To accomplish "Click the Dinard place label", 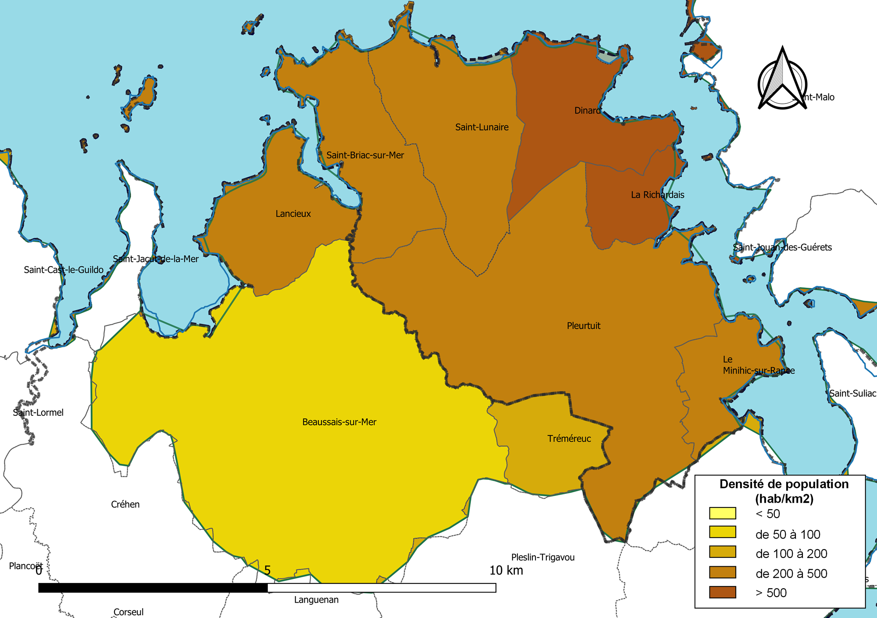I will (588, 111).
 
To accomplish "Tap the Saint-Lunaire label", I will (481, 127).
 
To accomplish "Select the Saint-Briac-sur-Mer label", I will (365, 155).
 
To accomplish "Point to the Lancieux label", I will (293, 214).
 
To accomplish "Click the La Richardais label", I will (657, 195).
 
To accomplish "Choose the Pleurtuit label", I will (583, 325).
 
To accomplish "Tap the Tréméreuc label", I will (569, 439).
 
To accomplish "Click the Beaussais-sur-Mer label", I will (339, 422).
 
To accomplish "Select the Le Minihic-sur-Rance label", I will (758, 365).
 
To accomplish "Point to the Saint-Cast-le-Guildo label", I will (64, 270).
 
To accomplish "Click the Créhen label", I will (125, 504).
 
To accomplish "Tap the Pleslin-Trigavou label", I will (542, 557).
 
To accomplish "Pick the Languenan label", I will (316, 600).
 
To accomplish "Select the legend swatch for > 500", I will (722, 592).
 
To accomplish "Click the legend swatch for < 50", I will (722, 513).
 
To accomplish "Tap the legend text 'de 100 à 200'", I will (791, 554).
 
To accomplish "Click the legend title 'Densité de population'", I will (784, 484).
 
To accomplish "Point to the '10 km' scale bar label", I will (506, 570).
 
